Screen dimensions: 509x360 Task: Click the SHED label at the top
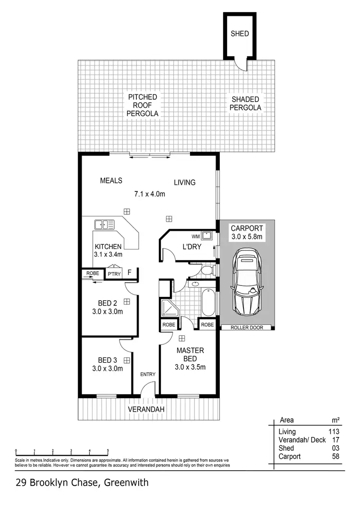pos(240,34)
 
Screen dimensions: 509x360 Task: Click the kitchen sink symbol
pos(105,224)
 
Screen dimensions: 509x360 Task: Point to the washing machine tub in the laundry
pos(207,236)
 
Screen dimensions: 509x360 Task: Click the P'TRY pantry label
pos(114,274)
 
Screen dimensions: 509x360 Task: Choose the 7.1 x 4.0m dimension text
pos(150,194)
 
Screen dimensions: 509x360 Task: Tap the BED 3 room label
pos(108,360)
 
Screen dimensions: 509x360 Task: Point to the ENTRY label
pos(147,374)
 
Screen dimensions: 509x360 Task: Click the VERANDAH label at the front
pos(146,409)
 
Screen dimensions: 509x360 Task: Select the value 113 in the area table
pos(334,432)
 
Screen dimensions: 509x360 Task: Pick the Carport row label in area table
pos(290,456)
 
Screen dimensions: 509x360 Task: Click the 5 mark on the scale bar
pos(108,450)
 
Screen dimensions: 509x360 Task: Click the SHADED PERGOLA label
pos(245,104)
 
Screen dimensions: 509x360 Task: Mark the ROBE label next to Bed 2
pos(93,273)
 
